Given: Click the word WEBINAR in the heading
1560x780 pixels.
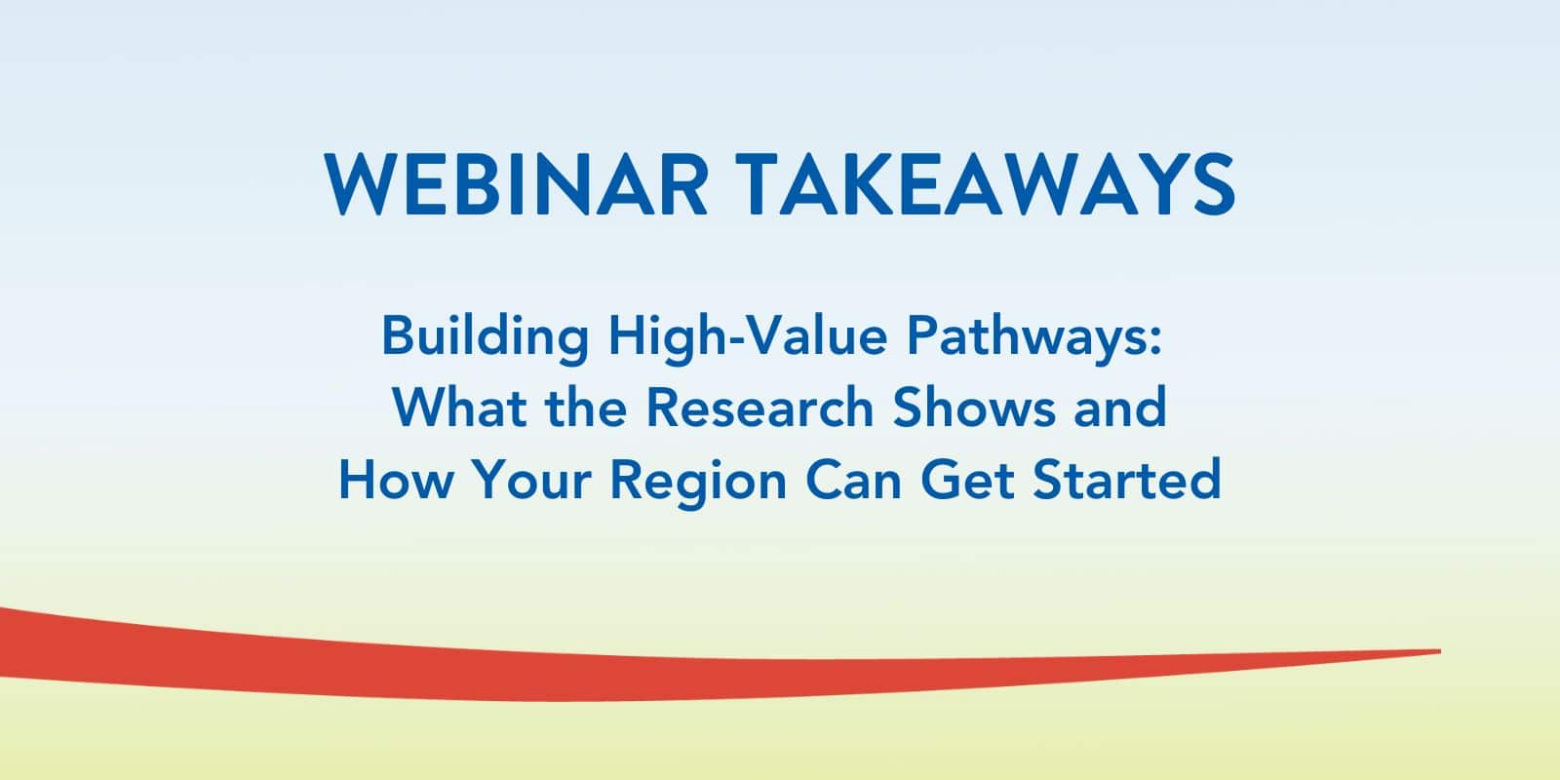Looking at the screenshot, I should point(516,185).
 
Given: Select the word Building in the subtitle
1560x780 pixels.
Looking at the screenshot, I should point(485,337).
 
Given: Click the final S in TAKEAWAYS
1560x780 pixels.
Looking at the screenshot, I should point(1214,185).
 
